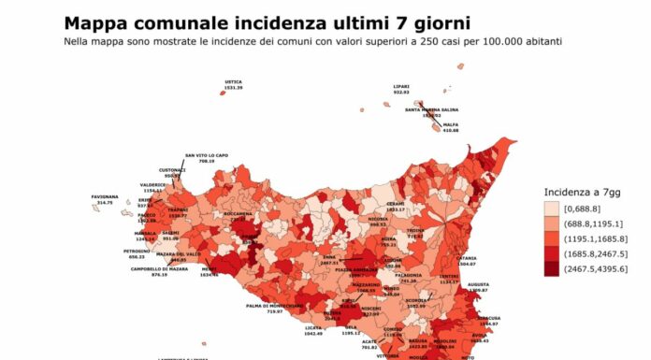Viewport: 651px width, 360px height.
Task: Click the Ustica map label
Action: pyautogui.click(x=233, y=82)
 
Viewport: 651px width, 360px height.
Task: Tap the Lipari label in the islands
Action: pyautogui.click(x=401, y=86)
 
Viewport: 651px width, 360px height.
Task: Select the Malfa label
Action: pyautogui.click(x=451, y=123)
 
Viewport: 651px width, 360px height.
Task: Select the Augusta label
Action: pyautogui.click(x=479, y=285)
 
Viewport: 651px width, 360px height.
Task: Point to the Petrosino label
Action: pyautogui.click(x=109, y=251)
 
